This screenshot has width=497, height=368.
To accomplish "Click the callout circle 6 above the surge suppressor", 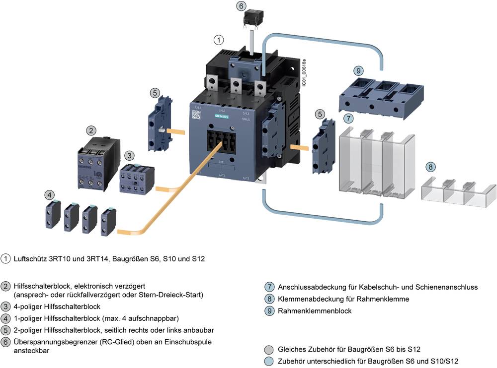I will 241,6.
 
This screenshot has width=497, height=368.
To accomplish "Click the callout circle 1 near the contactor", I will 219,39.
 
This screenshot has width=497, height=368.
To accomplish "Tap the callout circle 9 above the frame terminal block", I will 359,71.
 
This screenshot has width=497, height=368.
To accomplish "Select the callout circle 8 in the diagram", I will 431,167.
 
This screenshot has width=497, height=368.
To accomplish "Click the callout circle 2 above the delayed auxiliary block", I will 91,131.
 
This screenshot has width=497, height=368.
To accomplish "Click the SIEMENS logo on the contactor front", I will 221,116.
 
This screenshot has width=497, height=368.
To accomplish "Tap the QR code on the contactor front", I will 196,114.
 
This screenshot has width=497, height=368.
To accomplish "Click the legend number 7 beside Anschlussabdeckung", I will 269,287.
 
